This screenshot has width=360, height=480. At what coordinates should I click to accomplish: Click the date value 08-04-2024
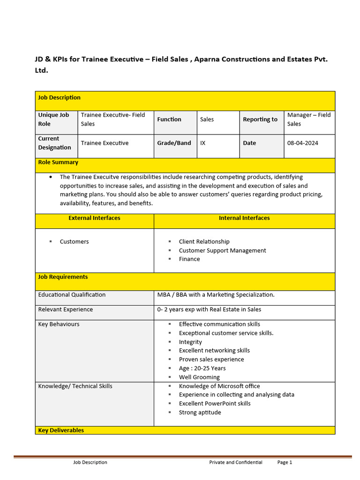click(x=302, y=143)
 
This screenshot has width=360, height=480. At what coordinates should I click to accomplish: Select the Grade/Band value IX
click(x=202, y=143)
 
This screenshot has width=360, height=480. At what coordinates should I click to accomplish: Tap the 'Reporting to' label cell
click(x=260, y=120)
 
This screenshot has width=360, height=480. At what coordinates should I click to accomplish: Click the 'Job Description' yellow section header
click(x=60, y=97)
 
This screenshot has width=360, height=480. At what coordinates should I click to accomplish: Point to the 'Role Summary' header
click(x=58, y=162)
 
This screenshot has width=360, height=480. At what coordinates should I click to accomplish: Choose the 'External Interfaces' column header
click(x=94, y=218)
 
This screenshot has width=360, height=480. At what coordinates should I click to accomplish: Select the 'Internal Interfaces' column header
click(x=244, y=218)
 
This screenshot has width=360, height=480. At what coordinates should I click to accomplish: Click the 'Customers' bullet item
click(x=74, y=242)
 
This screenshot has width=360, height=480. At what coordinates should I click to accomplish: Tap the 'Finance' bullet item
click(x=189, y=259)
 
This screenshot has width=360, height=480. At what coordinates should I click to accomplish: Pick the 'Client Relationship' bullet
click(x=204, y=242)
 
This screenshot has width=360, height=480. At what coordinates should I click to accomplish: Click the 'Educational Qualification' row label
click(x=72, y=295)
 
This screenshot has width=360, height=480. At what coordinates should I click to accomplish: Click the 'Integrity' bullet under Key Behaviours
click(x=190, y=342)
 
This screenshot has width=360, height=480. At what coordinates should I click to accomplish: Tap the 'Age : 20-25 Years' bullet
click(x=202, y=368)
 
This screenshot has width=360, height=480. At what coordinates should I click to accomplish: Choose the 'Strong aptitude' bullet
click(x=200, y=412)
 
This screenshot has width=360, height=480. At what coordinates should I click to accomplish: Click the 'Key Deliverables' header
click(x=61, y=430)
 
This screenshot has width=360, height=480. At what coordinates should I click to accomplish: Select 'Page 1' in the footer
click(x=285, y=462)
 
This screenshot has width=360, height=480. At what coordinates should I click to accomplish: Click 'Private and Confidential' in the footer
click(x=236, y=462)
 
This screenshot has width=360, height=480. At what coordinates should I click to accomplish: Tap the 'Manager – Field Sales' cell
click(x=309, y=120)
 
